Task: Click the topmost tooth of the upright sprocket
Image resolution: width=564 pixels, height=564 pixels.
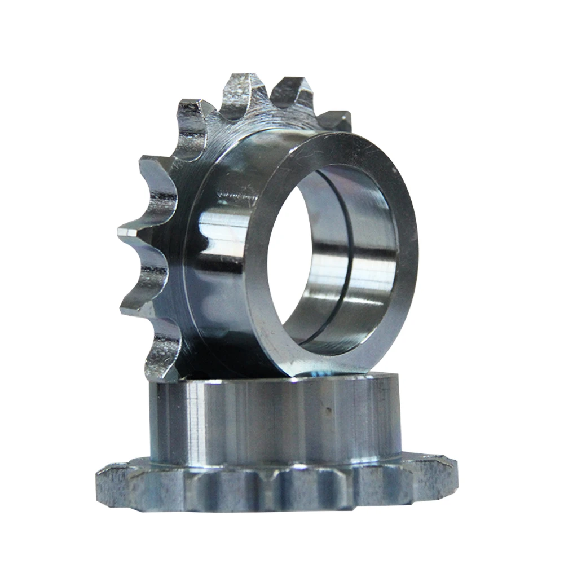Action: pos(241,90)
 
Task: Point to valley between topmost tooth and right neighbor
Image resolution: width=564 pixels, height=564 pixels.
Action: pos(268,107)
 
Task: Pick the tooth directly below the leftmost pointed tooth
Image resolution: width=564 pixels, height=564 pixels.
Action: pos(135,299)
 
